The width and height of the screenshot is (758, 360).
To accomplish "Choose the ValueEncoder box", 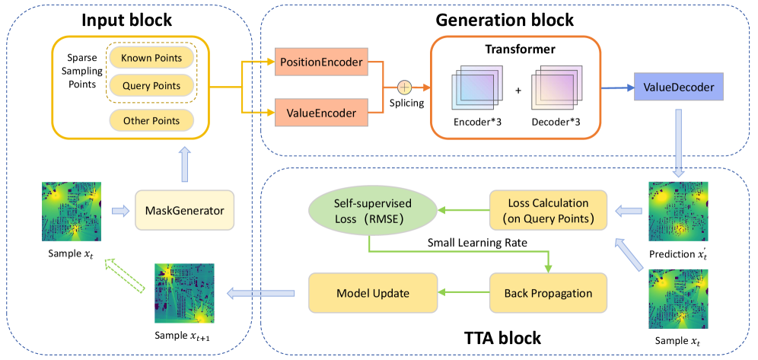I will coord(320,113).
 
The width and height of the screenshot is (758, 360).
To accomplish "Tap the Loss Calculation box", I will coord(547,210).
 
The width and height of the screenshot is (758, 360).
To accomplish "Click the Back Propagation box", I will coord(547,292).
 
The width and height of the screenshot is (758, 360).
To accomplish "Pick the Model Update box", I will coord(372,292).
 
